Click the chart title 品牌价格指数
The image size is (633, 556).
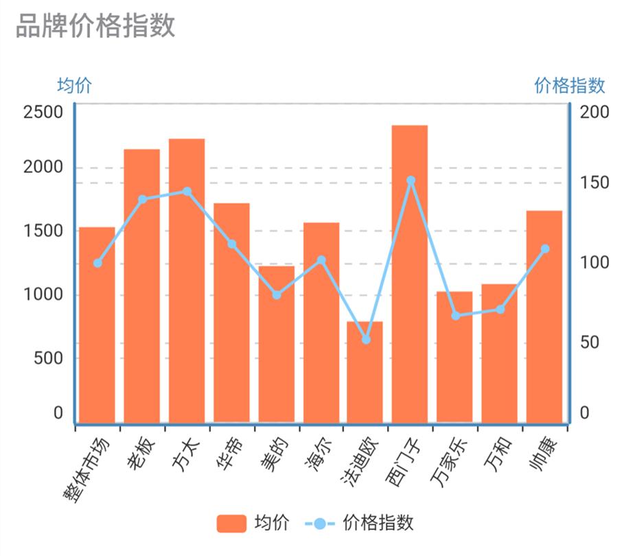[95, 25]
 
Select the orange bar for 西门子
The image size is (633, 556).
[410, 275]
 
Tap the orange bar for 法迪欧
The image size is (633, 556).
[365, 374]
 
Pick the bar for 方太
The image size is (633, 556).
[187, 281]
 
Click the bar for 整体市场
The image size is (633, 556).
[97, 326]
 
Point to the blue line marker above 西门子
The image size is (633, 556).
[411, 181]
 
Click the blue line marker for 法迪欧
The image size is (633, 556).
[366, 340]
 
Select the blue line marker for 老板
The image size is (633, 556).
[142, 200]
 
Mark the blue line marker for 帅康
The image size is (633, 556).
[545, 249]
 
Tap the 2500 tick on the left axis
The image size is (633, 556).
[43, 112]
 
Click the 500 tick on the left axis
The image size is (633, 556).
[48, 358]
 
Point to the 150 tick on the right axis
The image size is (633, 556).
[594, 183]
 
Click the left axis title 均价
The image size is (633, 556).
[74, 86]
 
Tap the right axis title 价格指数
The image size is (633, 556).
[570, 86]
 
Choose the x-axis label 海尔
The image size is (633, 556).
[318, 456]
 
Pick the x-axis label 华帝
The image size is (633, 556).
[229, 456]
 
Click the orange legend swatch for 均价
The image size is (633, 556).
[231, 524]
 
